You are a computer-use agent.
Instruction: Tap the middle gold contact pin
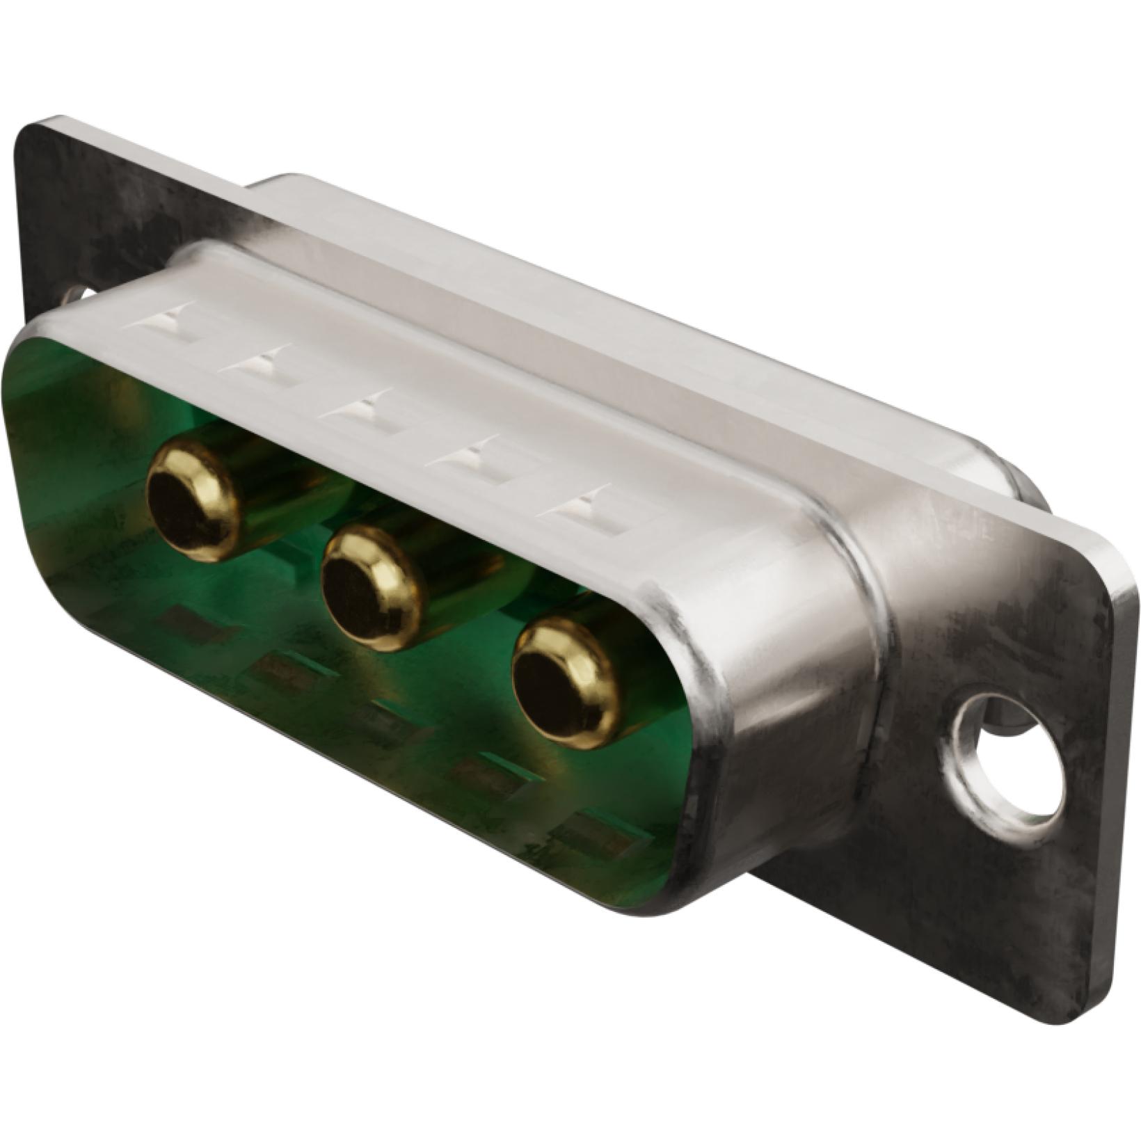pos(372,589)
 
